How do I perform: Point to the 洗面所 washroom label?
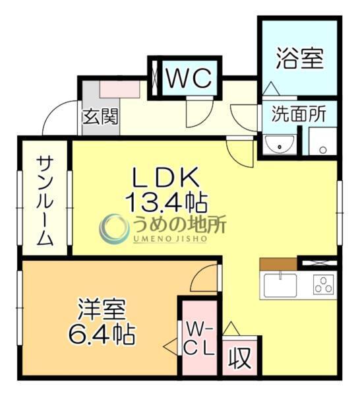pyautogui.click(x=299, y=114)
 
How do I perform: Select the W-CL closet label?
pyautogui.click(x=199, y=339)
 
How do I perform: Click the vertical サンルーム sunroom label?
pyautogui.click(x=45, y=201)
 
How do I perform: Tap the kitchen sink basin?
pyautogui.click(x=282, y=285)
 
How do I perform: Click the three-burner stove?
pyautogui.click(x=322, y=285)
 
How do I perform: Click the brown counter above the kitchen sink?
pyautogui.click(x=278, y=264)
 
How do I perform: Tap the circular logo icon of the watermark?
pyautogui.click(x=114, y=228)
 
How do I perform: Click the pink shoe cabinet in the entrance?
pyautogui.click(x=119, y=88)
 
